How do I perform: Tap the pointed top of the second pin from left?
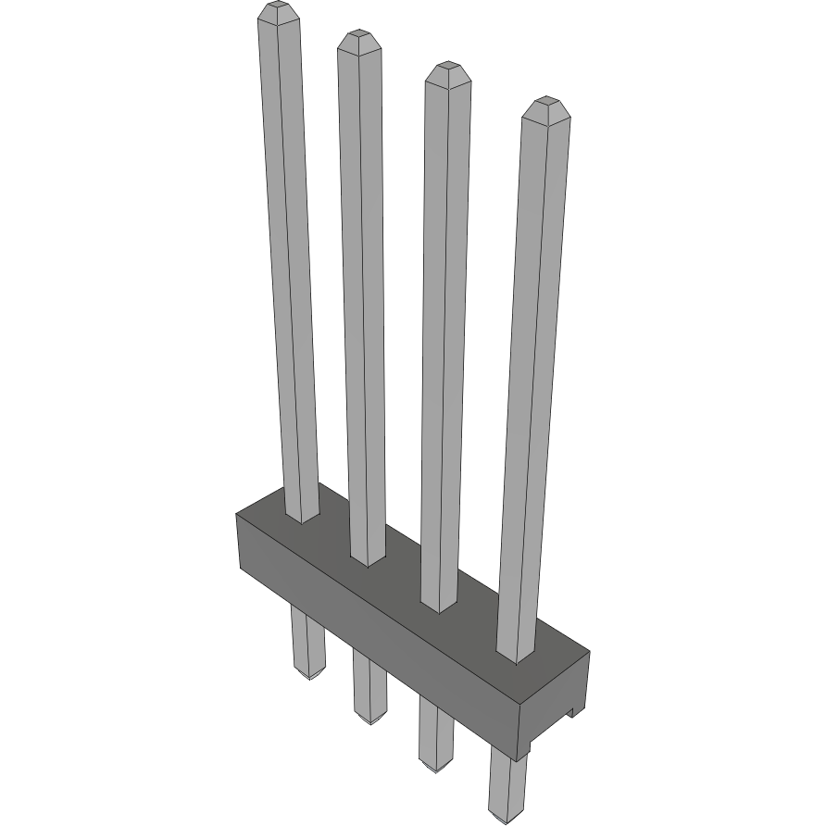tap(359, 39)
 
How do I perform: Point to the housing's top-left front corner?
tap(237, 516)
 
